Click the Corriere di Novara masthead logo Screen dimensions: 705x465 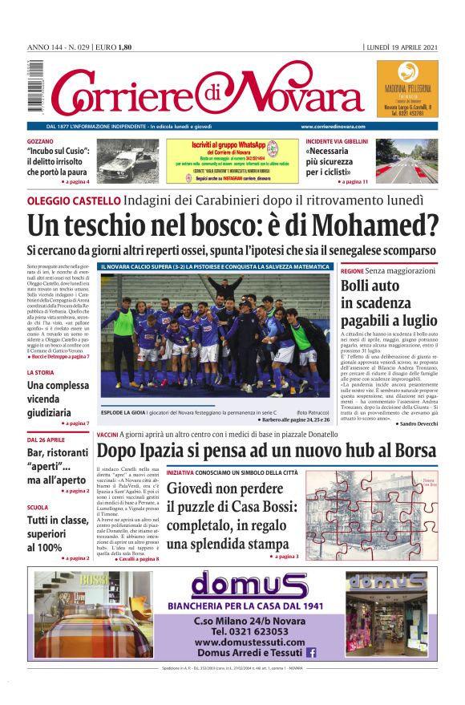204,91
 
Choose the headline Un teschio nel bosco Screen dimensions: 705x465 232,225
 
